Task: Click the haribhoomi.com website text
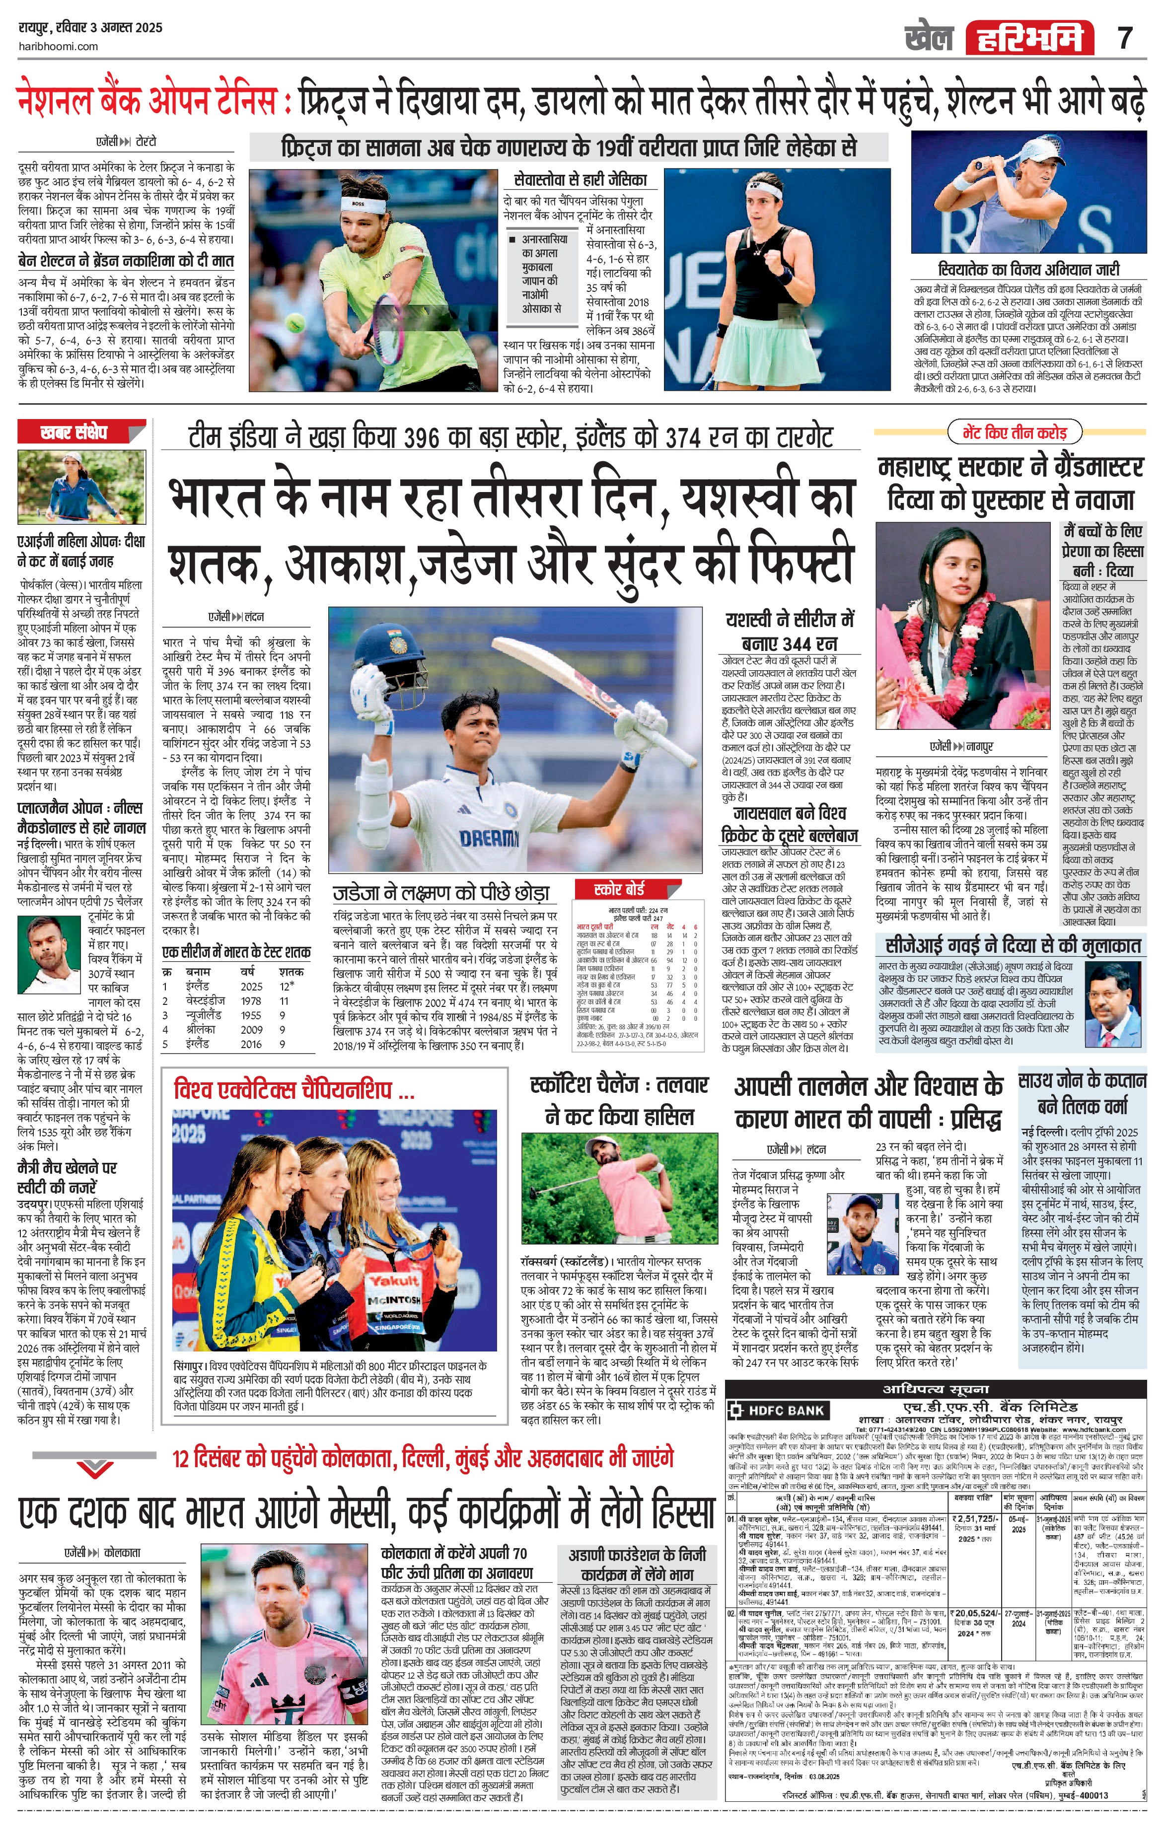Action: pos(58,46)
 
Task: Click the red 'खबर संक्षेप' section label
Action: pos(74,432)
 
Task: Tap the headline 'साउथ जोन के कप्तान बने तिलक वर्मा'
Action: pos(1082,1093)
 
